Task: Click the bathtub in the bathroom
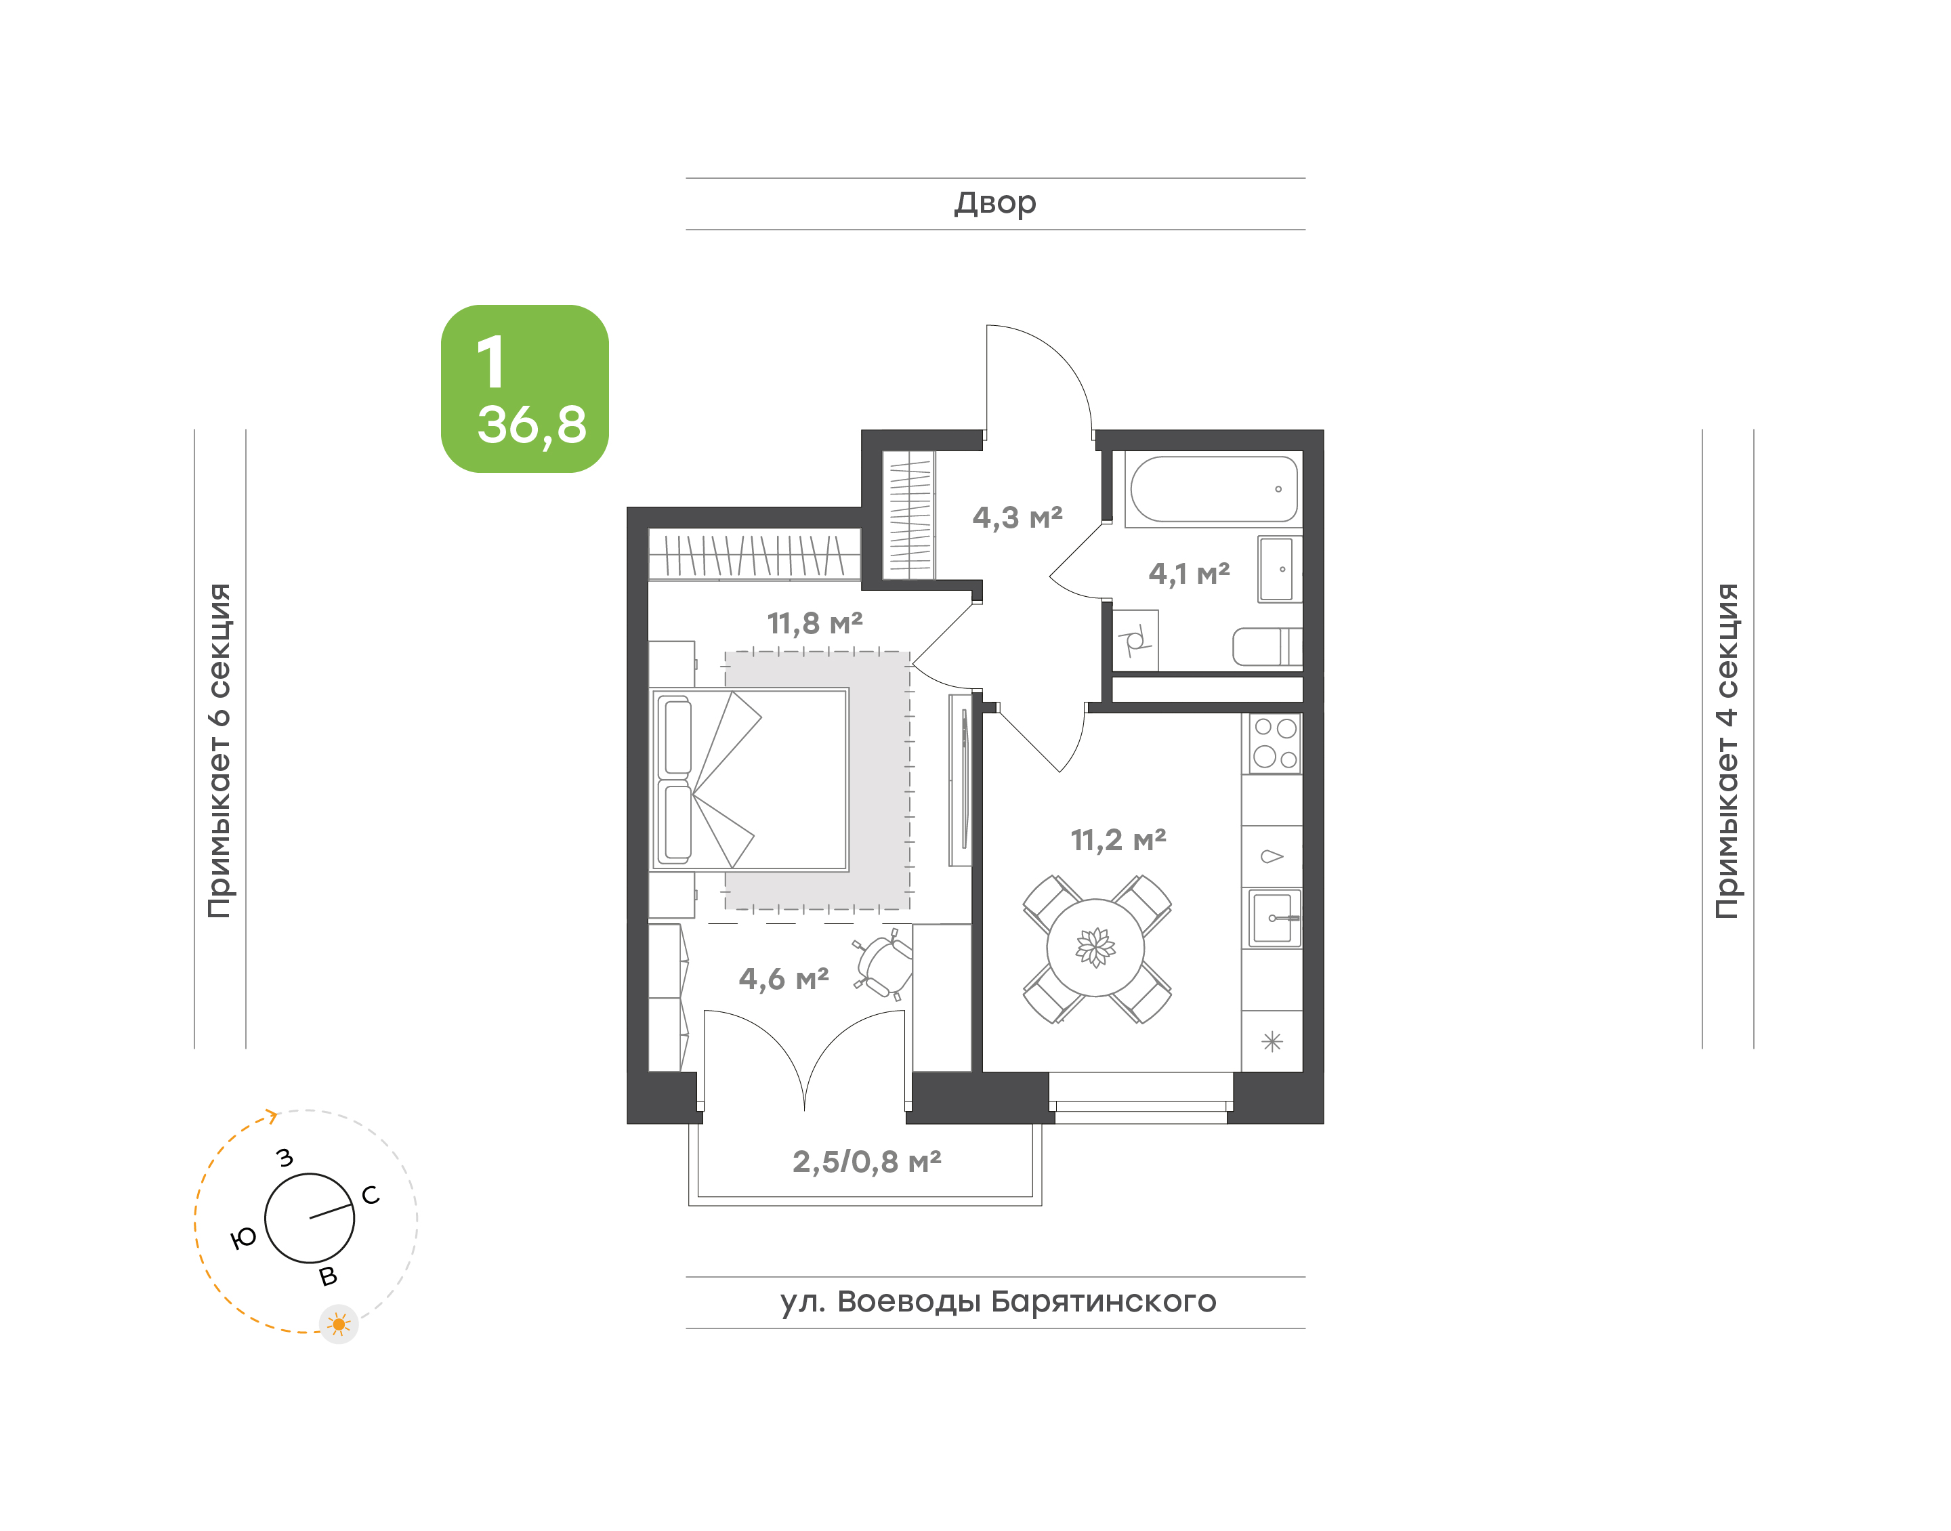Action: (1213, 488)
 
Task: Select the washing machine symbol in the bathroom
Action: (1135, 641)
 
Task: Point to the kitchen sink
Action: (1274, 917)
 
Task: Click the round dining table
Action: (1095, 948)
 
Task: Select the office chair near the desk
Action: (883, 963)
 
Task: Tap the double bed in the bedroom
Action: (749, 779)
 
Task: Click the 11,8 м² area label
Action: (815, 623)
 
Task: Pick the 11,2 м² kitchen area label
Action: (1118, 840)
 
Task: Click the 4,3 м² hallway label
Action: (1018, 517)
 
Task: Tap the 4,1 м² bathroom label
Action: (1190, 573)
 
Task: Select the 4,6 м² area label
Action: (783, 978)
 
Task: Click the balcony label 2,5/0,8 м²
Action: (866, 1161)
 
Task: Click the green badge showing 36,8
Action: (524, 389)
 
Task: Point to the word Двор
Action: (994, 203)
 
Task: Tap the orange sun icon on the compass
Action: (339, 1324)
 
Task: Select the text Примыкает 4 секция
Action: (1727, 751)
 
